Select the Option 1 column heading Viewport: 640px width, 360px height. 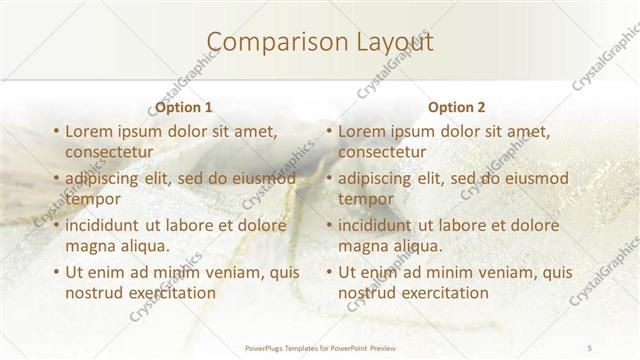pyautogui.click(x=183, y=107)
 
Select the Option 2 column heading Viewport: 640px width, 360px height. pyautogui.click(x=456, y=107)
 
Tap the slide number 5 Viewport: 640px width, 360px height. pyautogui.click(x=590, y=347)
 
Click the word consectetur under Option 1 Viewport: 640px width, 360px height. pyautogui.click(x=108, y=152)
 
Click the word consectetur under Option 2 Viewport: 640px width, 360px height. pyautogui.click(x=381, y=152)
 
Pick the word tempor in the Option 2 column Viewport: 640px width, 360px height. pyautogui.click(x=364, y=199)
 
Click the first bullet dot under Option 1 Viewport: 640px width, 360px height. pyautogui.click(x=55, y=132)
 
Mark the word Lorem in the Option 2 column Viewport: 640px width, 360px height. pyautogui.click(x=361, y=131)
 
